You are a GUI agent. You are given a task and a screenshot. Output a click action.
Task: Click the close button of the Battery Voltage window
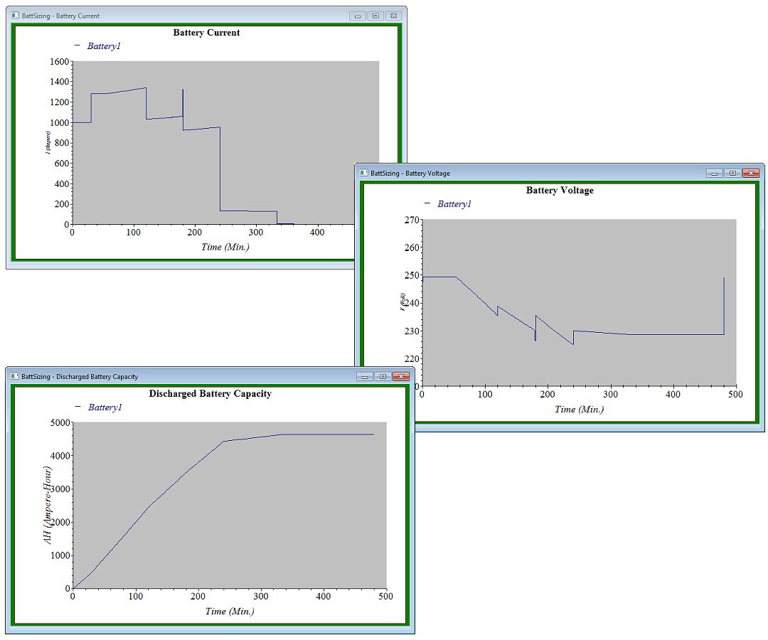pos(750,173)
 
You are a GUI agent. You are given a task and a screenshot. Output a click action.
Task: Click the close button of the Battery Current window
pos(394,16)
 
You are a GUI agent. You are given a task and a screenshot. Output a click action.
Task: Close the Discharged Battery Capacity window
pos(401,376)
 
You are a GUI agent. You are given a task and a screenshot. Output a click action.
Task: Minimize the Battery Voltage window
pos(715,173)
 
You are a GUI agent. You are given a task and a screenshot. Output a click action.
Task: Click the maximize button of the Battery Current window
pos(376,16)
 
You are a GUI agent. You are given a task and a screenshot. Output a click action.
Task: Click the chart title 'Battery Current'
pos(206,33)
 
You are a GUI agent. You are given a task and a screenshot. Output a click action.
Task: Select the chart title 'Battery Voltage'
pos(560,191)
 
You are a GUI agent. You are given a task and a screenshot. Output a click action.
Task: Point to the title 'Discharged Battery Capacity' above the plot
pos(210,393)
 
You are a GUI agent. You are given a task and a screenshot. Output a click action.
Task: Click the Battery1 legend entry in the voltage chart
pos(454,204)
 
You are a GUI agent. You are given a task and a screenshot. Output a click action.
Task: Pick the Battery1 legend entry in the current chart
pos(104,46)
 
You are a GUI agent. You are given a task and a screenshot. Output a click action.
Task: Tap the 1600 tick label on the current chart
pos(60,62)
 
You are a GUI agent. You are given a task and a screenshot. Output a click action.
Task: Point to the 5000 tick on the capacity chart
pos(59,422)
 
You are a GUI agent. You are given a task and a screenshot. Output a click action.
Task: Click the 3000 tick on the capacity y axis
pos(59,489)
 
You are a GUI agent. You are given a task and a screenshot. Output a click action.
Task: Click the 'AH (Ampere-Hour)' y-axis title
pos(48,505)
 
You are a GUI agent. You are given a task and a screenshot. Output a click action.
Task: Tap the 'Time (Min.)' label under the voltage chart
pos(579,410)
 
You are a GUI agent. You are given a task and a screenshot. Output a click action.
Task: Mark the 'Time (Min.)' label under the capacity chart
pos(229,611)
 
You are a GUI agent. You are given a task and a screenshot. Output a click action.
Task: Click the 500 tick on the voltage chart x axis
pos(735,394)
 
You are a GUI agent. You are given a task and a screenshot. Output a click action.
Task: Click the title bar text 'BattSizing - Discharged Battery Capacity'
pos(80,376)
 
